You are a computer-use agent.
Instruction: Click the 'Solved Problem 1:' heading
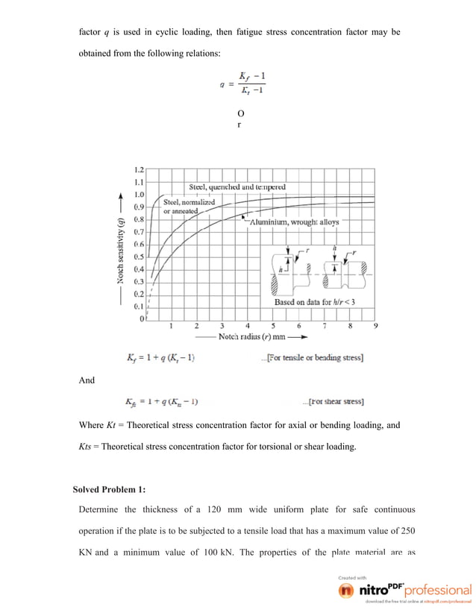coord(109,489)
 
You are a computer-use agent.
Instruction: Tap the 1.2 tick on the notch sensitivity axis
coord(139,169)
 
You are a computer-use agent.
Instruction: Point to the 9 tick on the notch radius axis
coord(375,326)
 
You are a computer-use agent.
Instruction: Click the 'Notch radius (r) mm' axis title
coord(259,337)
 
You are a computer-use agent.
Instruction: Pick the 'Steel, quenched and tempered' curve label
coord(237,187)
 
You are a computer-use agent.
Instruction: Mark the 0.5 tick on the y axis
coord(139,257)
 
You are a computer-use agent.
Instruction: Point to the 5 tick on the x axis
coord(273,326)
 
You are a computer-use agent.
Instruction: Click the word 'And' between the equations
coord(87,381)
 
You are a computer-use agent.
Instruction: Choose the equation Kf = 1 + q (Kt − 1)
coord(160,358)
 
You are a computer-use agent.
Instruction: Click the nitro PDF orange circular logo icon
coord(346,590)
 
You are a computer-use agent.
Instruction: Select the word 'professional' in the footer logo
coord(437,591)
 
